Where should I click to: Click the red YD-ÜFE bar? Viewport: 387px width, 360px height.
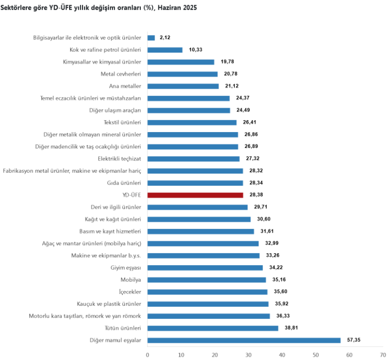[195, 195]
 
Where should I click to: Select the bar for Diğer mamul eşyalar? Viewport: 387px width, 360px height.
[244, 340]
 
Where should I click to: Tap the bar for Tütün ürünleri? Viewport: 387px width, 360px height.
[213, 328]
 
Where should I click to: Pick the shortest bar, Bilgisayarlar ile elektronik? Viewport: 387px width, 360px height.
[151, 38]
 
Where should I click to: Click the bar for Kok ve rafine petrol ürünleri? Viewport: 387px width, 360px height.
[165, 50]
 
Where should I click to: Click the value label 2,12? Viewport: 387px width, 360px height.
[165, 38]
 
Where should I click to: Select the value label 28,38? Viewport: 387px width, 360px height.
[256, 195]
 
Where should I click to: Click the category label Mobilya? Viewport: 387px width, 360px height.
[131, 280]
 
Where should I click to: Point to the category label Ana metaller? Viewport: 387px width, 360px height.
[125, 86]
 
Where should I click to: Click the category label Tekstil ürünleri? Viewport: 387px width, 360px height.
[122, 122]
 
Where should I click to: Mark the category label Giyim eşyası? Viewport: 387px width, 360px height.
[126, 268]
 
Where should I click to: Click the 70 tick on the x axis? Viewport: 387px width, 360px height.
[383, 355]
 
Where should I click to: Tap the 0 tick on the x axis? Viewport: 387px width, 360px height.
[148, 355]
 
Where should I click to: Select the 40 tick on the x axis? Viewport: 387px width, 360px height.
[282, 355]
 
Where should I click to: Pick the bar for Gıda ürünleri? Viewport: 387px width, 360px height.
[195, 183]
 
